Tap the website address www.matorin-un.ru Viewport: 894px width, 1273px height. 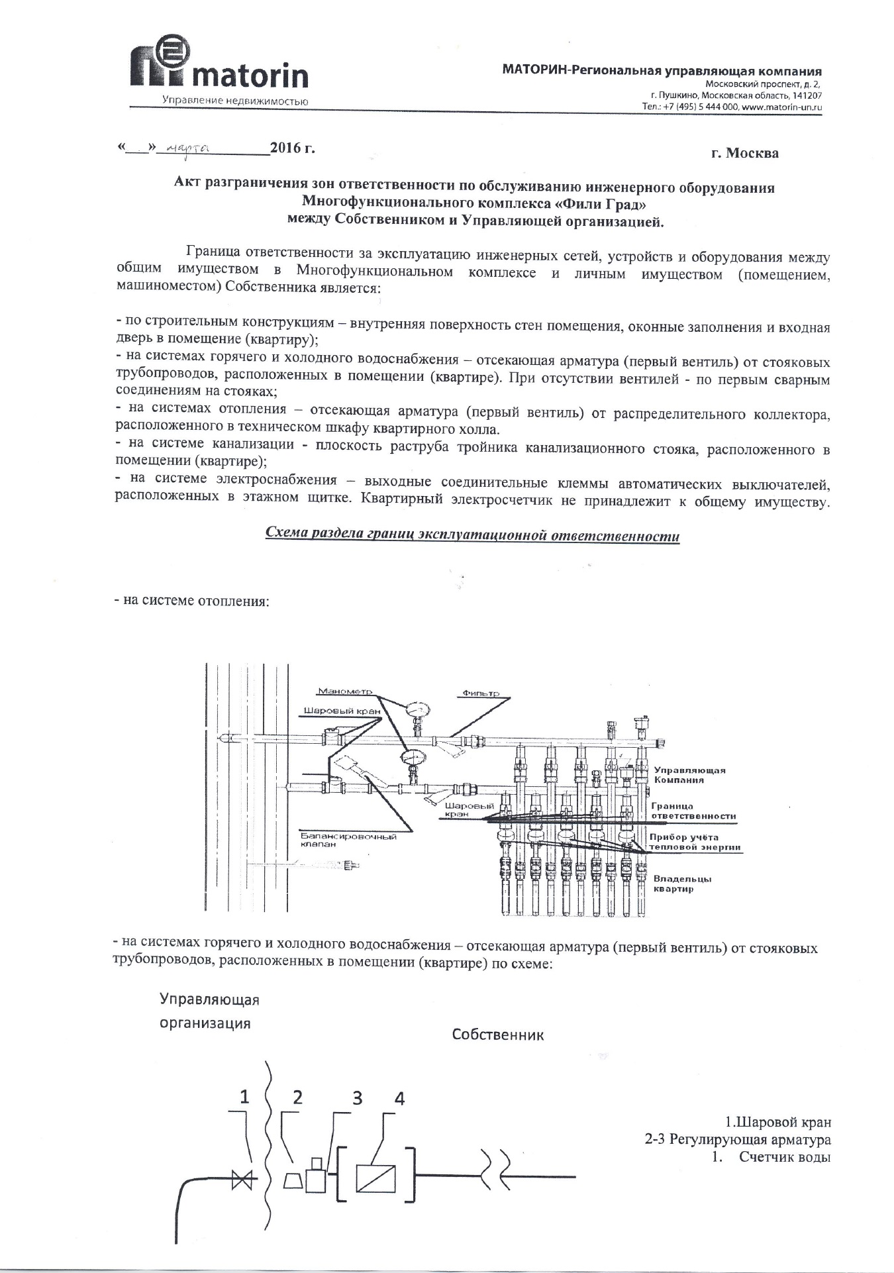(783, 106)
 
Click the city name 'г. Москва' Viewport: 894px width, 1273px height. (745, 154)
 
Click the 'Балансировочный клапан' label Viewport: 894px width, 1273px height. (347, 840)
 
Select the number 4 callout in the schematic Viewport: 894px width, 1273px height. (399, 1097)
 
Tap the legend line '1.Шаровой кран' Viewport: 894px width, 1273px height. (777, 1123)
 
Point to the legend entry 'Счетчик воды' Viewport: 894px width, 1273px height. (785, 1157)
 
